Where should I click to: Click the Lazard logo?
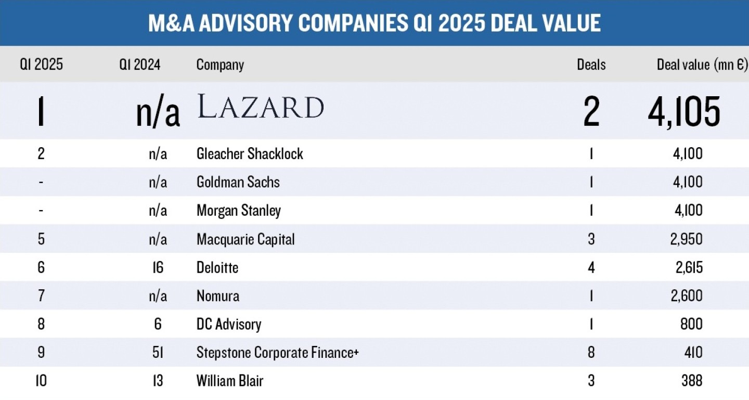[x=261, y=107]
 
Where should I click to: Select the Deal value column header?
[x=702, y=64]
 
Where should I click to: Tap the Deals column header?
[x=591, y=64]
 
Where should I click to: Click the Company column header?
[x=220, y=64]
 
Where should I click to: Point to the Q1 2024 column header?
[x=139, y=64]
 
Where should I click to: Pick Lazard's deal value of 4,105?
[x=684, y=111]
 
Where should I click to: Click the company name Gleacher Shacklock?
[x=250, y=153]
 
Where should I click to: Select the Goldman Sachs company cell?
[x=238, y=182]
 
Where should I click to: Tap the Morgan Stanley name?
[x=239, y=211]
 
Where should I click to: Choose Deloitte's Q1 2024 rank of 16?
[x=158, y=267]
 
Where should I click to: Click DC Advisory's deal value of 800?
[x=691, y=324]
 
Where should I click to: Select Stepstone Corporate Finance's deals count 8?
[x=591, y=353]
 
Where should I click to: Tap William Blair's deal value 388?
[x=692, y=381]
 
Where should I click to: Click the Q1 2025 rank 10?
[x=41, y=381]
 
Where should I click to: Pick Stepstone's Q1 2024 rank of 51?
[x=158, y=353]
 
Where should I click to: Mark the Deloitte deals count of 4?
[x=591, y=267]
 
